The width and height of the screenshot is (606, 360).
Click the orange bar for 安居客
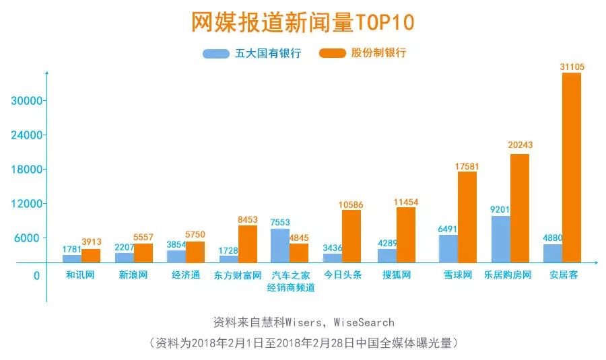(572, 168)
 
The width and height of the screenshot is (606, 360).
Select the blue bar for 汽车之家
(280, 246)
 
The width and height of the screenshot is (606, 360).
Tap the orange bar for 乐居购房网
(519, 208)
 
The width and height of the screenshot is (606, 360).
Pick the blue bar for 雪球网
(448, 248)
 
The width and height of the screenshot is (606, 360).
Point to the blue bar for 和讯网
(72, 258)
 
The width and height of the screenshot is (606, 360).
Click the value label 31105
(572, 66)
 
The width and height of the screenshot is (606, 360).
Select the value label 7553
(281, 222)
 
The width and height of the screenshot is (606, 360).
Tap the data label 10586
(351, 204)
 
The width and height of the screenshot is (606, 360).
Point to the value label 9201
(501, 209)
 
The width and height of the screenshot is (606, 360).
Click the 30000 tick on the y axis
(27, 101)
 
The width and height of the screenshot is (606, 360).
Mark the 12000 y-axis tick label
(27, 204)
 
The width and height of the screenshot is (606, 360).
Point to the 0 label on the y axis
(36, 275)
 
